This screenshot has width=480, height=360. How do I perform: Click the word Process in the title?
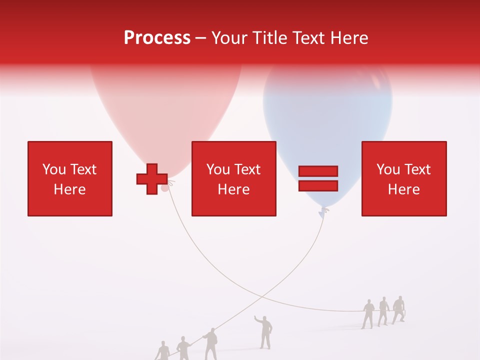157,38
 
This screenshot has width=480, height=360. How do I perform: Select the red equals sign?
318,178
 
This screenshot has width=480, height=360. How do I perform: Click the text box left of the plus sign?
70,178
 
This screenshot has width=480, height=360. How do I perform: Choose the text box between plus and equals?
233,178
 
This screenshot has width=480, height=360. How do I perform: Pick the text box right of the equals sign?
403,178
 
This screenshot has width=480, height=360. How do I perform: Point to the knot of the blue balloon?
324,211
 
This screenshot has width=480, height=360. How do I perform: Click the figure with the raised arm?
264,331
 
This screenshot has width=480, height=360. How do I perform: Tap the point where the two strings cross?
263,297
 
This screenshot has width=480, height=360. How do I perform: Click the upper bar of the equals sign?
318,171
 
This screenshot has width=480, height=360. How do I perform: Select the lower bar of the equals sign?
318,186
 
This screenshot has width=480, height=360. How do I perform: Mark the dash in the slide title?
201,38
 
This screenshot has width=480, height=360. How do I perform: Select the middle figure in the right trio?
383,311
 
